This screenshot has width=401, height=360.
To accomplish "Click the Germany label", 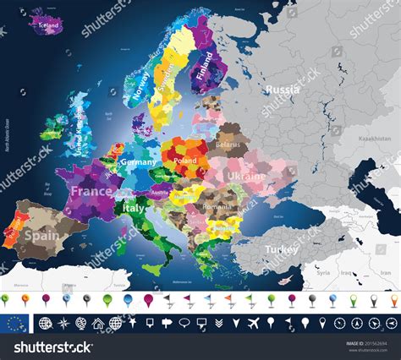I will point(139,161).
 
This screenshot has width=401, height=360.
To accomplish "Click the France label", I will point(91,191).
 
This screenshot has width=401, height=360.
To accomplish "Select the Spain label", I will point(41,234).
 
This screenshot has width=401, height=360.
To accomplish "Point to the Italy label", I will point(135,207).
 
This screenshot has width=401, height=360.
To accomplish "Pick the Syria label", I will point(321,274).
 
